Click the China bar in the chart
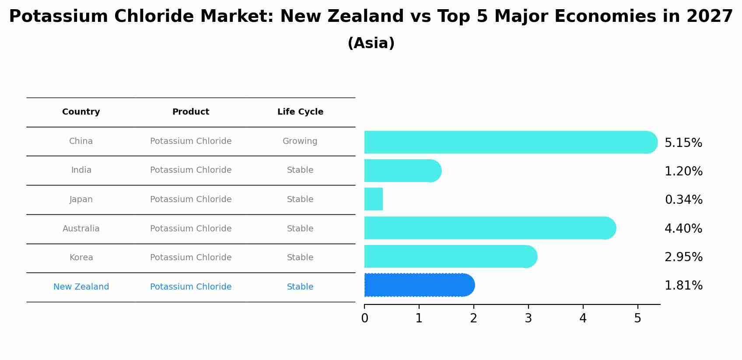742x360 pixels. [510, 142]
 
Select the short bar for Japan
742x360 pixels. [374, 199]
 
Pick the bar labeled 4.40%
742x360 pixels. [490, 228]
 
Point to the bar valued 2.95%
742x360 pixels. [450, 256]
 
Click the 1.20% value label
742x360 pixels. [683, 171]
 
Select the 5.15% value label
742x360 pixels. [683, 143]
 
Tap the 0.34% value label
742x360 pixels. [683, 199]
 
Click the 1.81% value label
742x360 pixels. [683, 285]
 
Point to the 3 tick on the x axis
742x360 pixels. [528, 318]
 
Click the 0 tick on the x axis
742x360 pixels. [364, 318]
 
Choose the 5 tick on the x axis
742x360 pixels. [637, 318]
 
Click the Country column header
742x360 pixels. [81, 112]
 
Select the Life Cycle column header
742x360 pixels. [300, 112]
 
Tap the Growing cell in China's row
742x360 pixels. [300, 141]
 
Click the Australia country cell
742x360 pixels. [81, 228]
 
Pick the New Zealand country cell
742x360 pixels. [81, 287]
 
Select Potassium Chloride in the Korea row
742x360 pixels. [191, 257]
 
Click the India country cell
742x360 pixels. [81, 170]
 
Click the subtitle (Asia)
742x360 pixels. [371, 43]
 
